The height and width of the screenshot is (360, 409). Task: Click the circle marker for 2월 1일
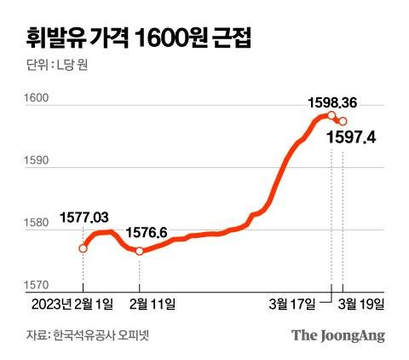tap(83, 248)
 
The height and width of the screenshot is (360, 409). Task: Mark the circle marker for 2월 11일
tap(139, 251)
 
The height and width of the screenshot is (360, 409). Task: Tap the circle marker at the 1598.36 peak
tap(331, 116)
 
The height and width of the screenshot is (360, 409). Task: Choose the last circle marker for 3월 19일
tap(343, 121)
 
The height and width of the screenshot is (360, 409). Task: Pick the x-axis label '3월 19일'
tap(362, 303)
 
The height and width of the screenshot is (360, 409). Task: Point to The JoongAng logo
tap(338, 334)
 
